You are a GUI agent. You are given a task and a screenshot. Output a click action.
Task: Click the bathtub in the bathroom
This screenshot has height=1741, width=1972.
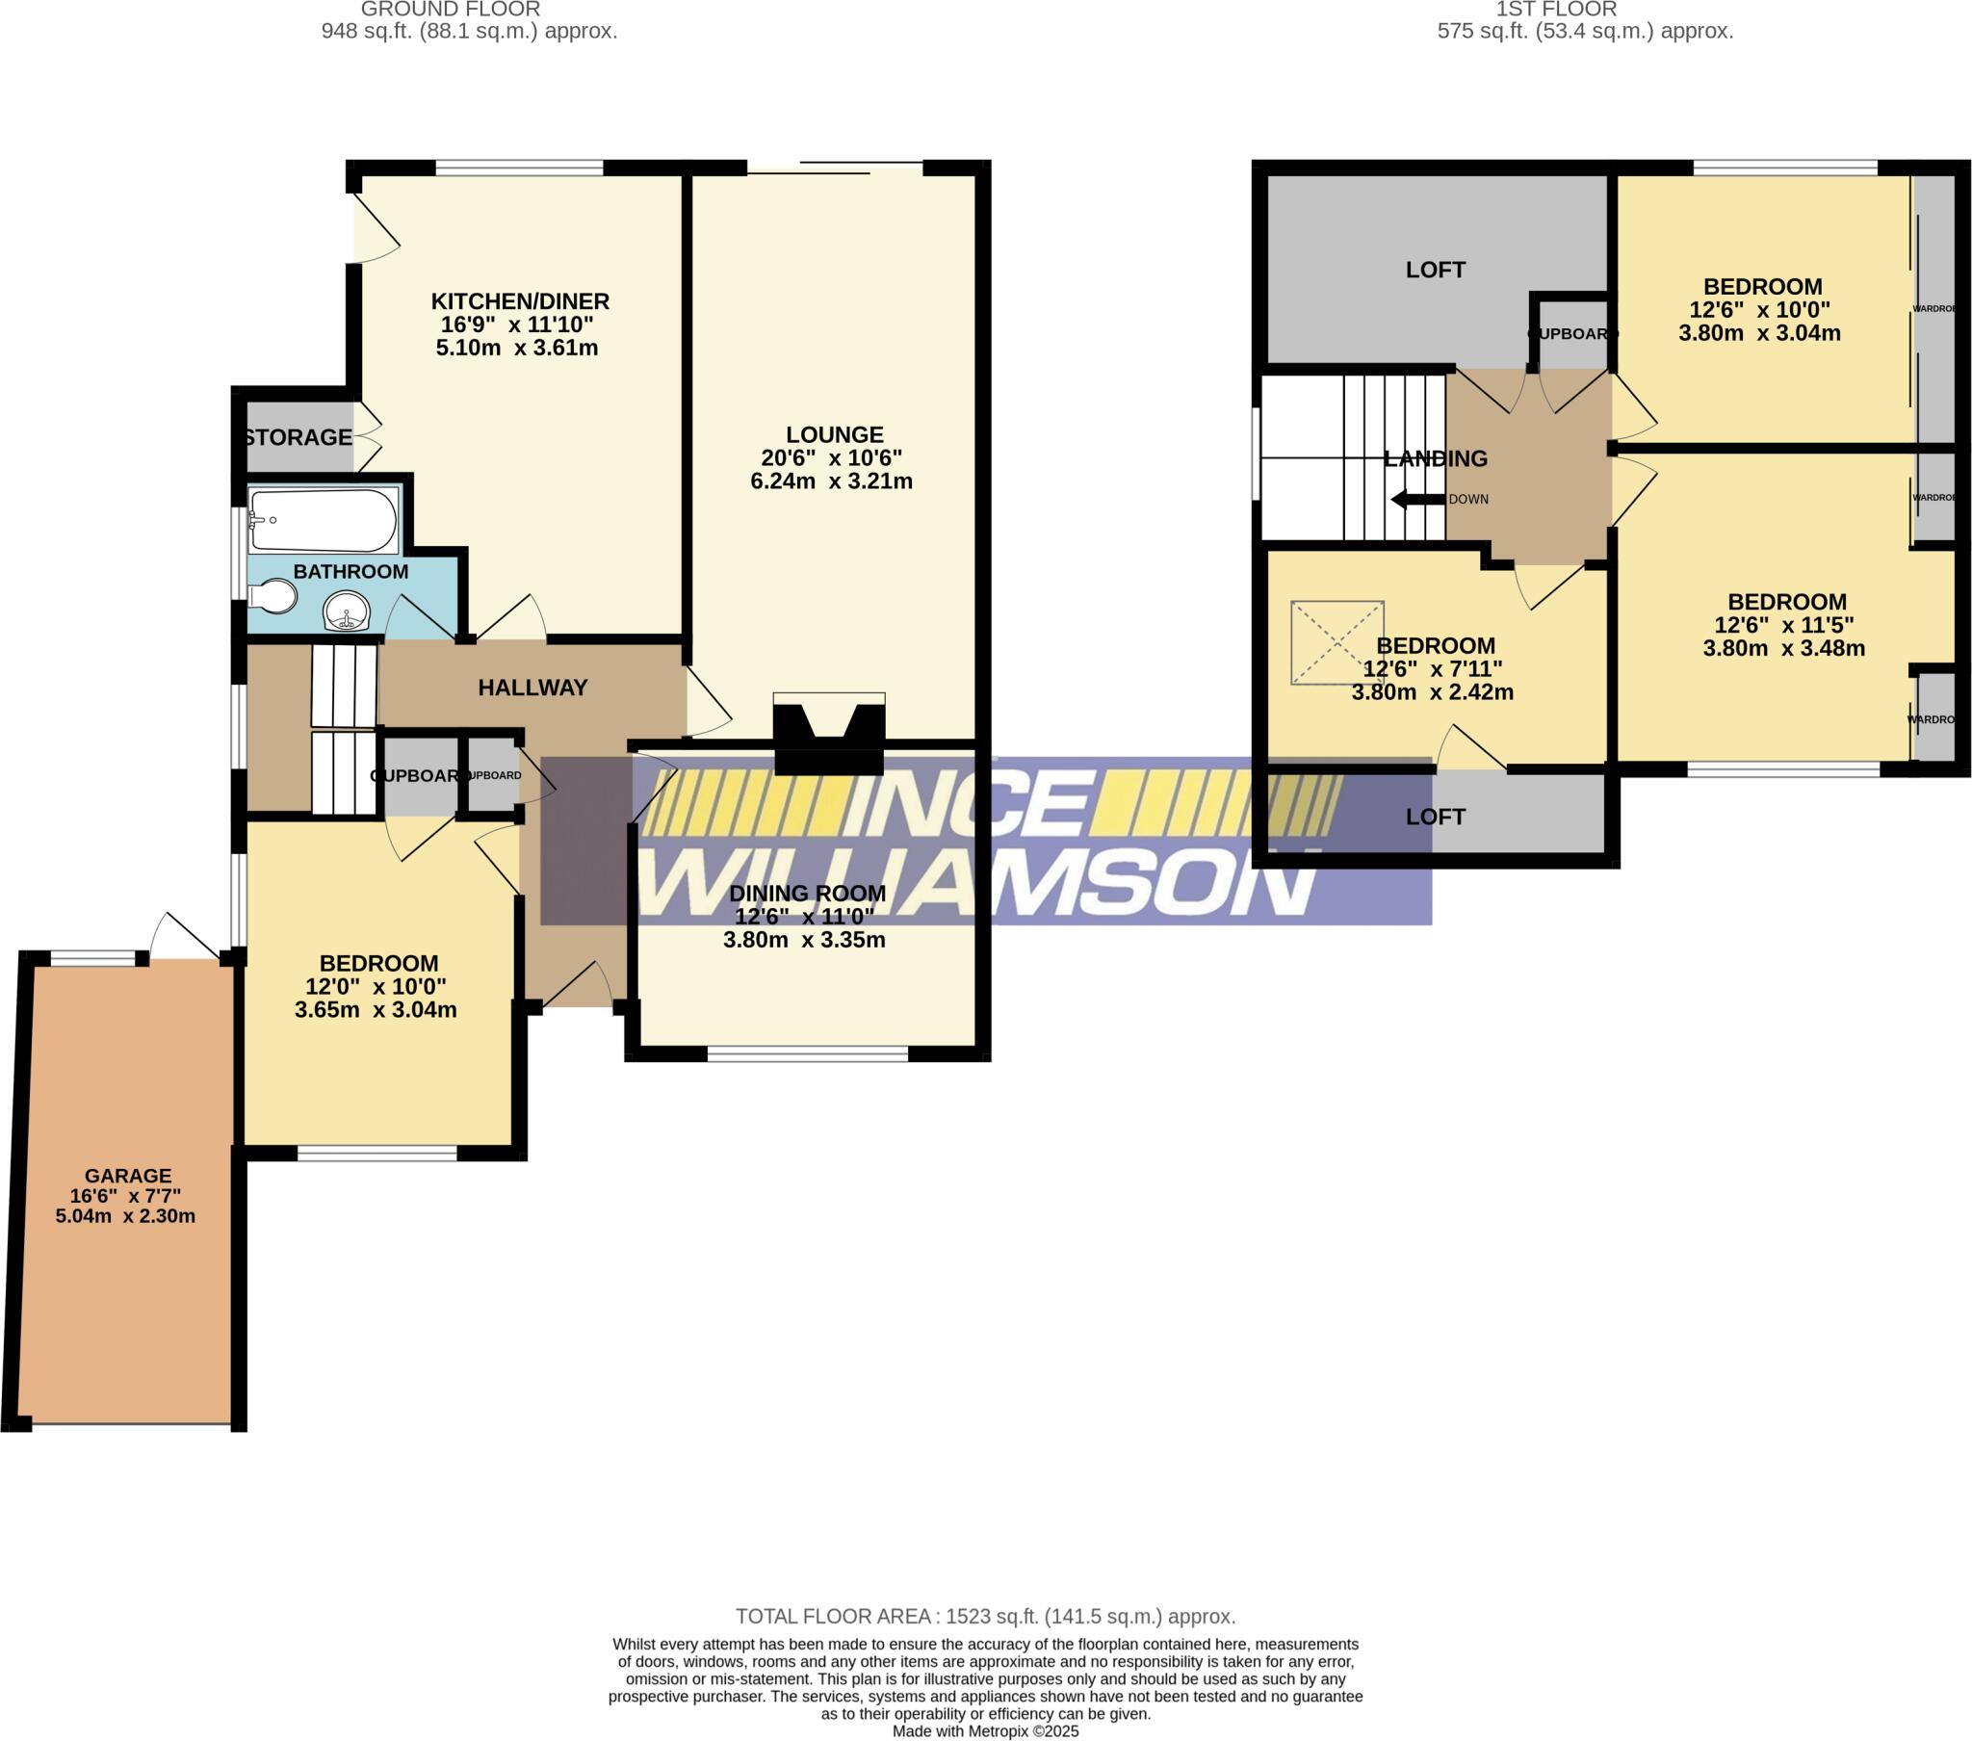click(323, 519)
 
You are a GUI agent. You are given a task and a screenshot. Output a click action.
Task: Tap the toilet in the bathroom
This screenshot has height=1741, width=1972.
click(274, 596)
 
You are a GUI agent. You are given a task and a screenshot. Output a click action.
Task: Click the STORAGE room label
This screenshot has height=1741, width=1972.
click(298, 437)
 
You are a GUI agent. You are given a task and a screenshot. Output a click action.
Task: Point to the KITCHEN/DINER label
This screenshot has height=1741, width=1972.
click(519, 301)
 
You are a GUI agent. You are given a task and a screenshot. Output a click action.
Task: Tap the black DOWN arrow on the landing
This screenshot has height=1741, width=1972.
click(1417, 499)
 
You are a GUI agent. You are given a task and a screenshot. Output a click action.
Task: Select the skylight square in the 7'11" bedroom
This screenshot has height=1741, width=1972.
click(1337, 642)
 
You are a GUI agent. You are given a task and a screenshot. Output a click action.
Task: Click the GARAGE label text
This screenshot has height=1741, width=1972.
click(127, 1176)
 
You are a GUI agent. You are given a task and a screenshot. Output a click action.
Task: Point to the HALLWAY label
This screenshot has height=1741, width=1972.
click(532, 688)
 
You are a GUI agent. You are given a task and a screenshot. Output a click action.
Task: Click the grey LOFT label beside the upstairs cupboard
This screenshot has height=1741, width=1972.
click(1435, 270)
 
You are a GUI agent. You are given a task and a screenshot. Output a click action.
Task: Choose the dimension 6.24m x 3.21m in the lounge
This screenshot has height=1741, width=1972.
click(831, 481)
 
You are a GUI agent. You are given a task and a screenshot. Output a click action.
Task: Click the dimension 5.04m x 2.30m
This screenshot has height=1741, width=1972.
click(125, 1216)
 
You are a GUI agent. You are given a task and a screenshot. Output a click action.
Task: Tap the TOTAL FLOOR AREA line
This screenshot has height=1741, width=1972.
click(985, 1616)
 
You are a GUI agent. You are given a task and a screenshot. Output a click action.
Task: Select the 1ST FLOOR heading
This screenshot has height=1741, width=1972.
click(1555, 10)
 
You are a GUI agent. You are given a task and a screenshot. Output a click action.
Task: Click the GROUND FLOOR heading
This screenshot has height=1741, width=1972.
click(450, 10)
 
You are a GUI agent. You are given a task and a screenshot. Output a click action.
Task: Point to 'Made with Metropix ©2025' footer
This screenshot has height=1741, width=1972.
click(985, 1730)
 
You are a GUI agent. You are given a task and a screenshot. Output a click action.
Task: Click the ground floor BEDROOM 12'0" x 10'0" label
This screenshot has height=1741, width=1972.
click(378, 963)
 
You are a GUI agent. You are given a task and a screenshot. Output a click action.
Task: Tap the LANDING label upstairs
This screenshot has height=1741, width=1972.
click(1435, 458)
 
